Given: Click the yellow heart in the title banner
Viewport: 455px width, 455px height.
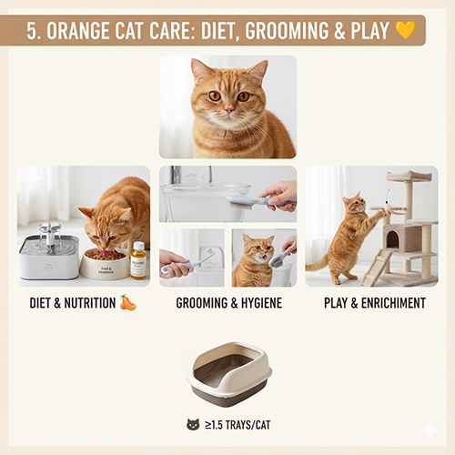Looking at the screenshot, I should (x=405, y=31).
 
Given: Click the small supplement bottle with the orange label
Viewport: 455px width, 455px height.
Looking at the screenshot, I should (x=138, y=261).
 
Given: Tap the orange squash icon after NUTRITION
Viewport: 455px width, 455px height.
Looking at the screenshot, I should (x=127, y=302).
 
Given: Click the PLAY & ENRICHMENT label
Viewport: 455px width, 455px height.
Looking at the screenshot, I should (x=374, y=303).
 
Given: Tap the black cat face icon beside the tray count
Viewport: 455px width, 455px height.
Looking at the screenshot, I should (x=192, y=424).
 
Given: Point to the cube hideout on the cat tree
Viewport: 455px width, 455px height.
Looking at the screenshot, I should (x=401, y=238).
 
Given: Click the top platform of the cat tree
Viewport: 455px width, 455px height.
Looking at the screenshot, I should (x=409, y=176).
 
